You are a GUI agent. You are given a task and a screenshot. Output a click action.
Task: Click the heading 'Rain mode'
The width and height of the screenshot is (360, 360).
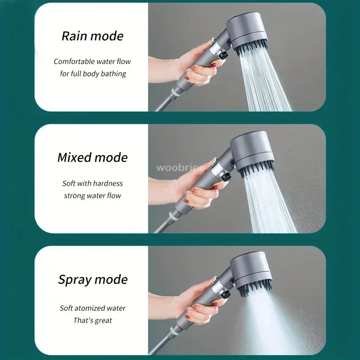click(x=92, y=36)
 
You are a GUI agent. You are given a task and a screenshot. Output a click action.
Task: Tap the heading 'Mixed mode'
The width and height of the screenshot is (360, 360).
click(x=92, y=157)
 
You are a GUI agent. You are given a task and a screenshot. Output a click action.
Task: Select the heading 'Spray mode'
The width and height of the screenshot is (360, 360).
click(x=93, y=279)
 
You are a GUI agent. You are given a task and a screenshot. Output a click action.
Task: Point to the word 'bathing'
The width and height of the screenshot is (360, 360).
click(x=111, y=73)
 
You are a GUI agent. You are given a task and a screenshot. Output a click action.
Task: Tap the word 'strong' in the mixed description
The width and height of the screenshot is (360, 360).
click(x=73, y=195)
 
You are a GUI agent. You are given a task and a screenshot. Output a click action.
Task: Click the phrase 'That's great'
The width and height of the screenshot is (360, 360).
click(x=93, y=320)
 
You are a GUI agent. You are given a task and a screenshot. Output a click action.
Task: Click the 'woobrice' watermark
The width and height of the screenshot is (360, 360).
click(x=180, y=168)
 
